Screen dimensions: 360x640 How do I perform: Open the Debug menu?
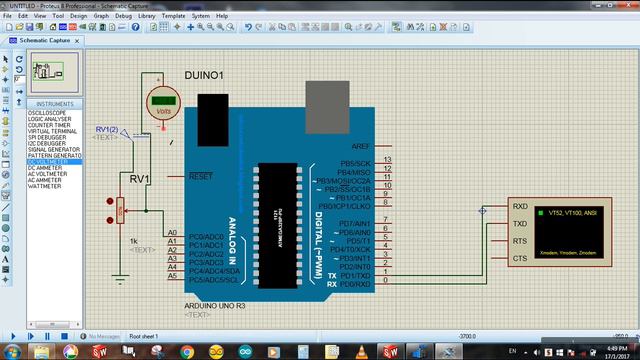123,17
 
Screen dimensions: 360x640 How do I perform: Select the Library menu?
147,17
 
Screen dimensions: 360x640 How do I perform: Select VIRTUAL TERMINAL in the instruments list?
51,131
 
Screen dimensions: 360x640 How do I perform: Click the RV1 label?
139,179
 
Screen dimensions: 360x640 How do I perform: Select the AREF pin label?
361,146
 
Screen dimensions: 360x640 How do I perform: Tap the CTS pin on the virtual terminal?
520,258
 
